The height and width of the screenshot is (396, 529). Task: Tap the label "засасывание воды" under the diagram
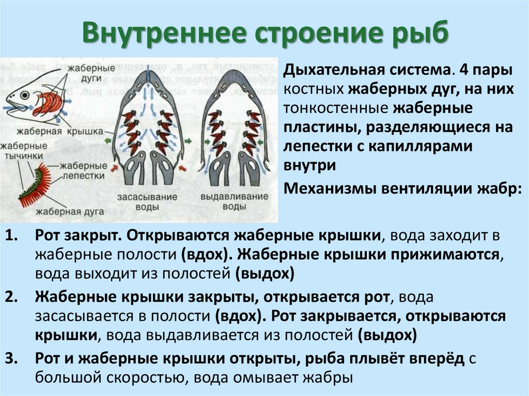click(147, 202)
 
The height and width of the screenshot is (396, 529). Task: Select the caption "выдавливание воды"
click(234, 202)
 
